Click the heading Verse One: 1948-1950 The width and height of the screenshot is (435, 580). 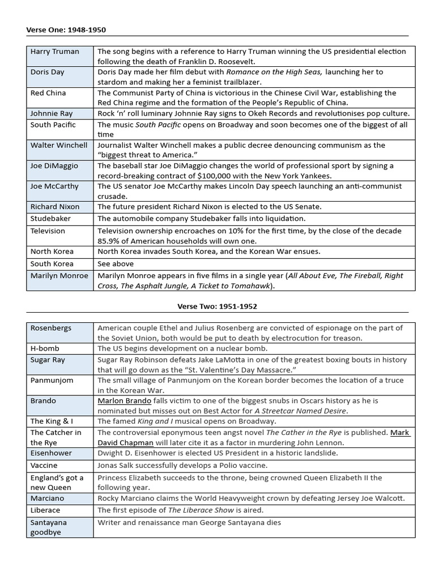[x=66, y=29]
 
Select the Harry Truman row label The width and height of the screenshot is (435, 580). [x=55, y=52]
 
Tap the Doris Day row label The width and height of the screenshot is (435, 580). [x=47, y=72]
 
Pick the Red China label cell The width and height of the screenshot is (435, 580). [x=48, y=93]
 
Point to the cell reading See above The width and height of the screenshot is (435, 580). [x=116, y=263]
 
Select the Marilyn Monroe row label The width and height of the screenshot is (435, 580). [x=59, y=276]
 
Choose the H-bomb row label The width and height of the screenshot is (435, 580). [x=45, y=348]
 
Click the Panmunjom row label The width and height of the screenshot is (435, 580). [x=52, y=380]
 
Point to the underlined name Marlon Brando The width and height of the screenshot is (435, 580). [x=124, y=400]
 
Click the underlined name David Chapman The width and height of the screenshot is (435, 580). [x=125, y=442]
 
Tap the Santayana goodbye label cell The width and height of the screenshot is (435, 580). [x=49, y=527]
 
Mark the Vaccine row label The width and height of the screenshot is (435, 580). [x=44, y=465]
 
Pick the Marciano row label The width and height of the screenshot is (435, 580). [x=48, y=498]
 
